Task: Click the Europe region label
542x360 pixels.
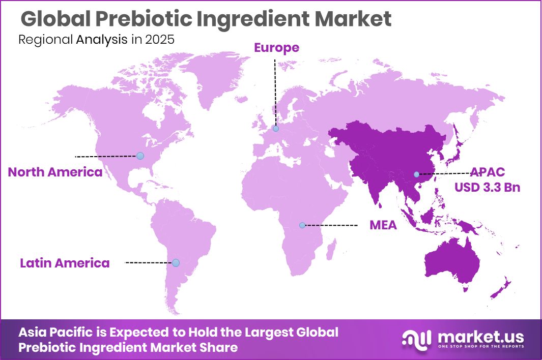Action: (x=276, y=48)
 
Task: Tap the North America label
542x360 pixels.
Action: (x=55, y=172)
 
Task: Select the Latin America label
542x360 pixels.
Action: (x=65, y=263)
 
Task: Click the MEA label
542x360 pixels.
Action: (x=383, y=225)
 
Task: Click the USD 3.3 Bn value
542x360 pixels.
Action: (x=488, y=187)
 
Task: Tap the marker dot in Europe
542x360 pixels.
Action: (x=275, y=129)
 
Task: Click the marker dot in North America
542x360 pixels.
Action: (x=140, y=156)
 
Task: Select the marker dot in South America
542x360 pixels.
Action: (x=176, y=263)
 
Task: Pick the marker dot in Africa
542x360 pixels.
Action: (x=302, y=225)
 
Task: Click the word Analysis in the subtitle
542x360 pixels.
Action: (x=102, y=40)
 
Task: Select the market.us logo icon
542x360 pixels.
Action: (x=416, y=339)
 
